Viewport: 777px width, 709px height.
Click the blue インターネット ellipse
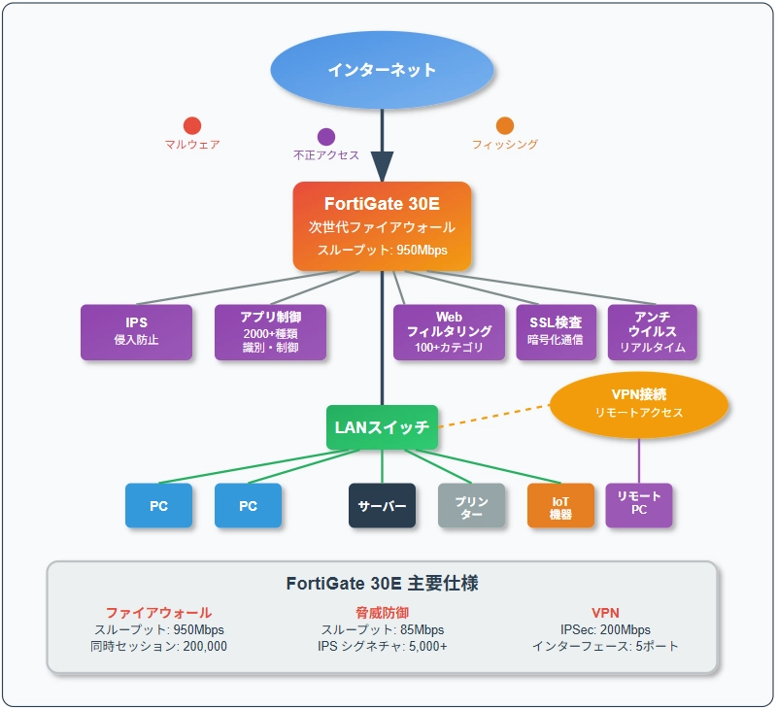(x=382, y=70)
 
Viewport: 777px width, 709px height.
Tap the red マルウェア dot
(x=192, y=125)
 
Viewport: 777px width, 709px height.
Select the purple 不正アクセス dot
(x=326, y=137)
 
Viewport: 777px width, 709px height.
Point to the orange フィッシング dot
(x=505, y=125)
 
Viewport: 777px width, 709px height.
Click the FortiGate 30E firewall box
(x=382, y=226)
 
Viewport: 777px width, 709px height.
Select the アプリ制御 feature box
(x=270, y=332)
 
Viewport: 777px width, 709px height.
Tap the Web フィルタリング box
(x=449, y=332)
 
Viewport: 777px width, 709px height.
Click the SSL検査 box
(x=556, y=332)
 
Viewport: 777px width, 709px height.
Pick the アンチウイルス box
(x=652, y=332)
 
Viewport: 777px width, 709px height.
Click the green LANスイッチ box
(x=382, y=426)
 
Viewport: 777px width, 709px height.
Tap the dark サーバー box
(x=382, y=506)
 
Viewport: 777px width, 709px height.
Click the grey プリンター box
(x=471, y=506)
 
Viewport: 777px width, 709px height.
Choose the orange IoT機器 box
(x=560, y=506)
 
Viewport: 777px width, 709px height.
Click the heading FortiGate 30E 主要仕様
(x=382, y=584)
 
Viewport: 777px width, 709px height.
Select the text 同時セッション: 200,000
(x=158, y=646)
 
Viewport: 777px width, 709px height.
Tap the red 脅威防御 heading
(x=382, y=613)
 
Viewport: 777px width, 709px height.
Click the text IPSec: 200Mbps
(x=605, y=629)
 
